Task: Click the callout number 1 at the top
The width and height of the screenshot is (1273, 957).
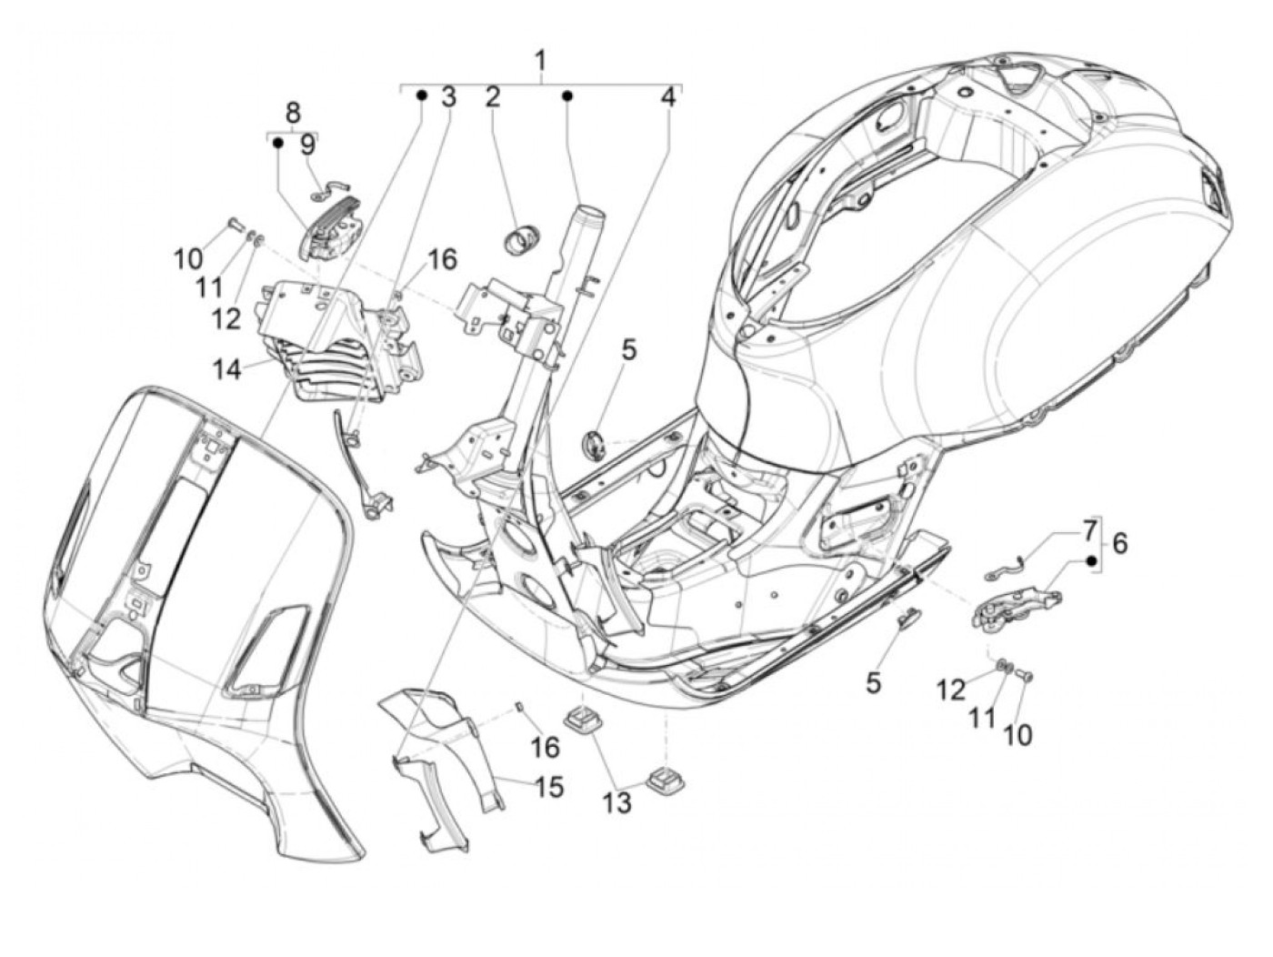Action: pyautogui.click(x=540, y=62)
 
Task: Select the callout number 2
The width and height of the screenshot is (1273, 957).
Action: pyautogui.click(x=492, y=96)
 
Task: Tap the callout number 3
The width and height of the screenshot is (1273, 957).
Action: pyautogui.click(x=448, y=96)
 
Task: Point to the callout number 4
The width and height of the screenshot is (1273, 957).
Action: pyautogui.click(x=668, y=96)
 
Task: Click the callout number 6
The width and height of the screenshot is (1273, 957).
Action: pyautogui.click(x=1119, y=543)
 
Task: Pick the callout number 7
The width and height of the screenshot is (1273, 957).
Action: pyautogui.click(x=1088, y=529)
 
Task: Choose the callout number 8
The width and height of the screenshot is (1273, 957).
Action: pyautogui.click(x=292, y=114)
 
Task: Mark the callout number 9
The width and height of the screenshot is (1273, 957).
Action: pyautogui.click(x=306, y=144)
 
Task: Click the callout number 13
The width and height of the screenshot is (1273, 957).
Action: pyautogui.click(x=616, y=803)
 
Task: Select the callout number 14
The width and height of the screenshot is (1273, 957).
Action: pyautogui.click(x=226, y=369)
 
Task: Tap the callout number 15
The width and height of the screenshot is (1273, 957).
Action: pyautogui.click(x=548, y=786)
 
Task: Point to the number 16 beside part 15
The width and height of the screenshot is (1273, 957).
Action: pyautogui.click(x=545, y=747)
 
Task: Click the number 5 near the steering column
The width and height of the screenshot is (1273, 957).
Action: pyautogui.click(x=629, y=348)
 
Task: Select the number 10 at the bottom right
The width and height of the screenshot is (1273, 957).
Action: pyautogui.click(x=1017, y=734)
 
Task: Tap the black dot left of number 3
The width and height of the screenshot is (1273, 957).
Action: pyautogui.click(x=422, y=96)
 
